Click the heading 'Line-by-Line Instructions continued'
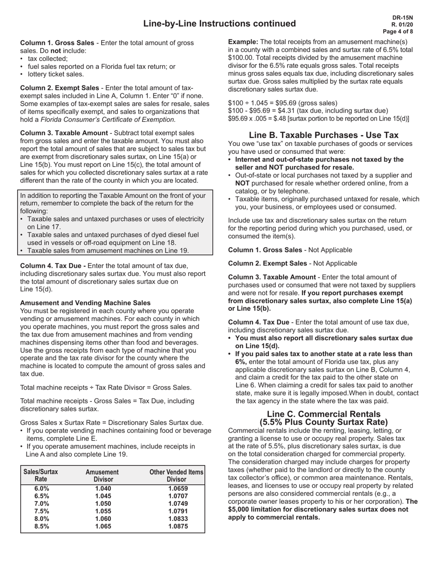tap(219, 24)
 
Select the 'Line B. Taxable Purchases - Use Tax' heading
tap(323, 135)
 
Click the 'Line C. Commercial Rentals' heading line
tap(323, 414)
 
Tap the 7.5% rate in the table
tap(42, 511)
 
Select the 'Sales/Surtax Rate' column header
tap(41, 476)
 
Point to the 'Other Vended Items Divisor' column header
tap(177, 476)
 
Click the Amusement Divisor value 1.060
tap(103, 519)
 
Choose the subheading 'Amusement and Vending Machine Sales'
tap(85, 303)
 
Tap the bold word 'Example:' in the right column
tap(243, 42)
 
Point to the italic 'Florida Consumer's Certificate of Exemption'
tap(108, 120)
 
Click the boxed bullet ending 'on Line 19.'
tap(108, 251)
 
